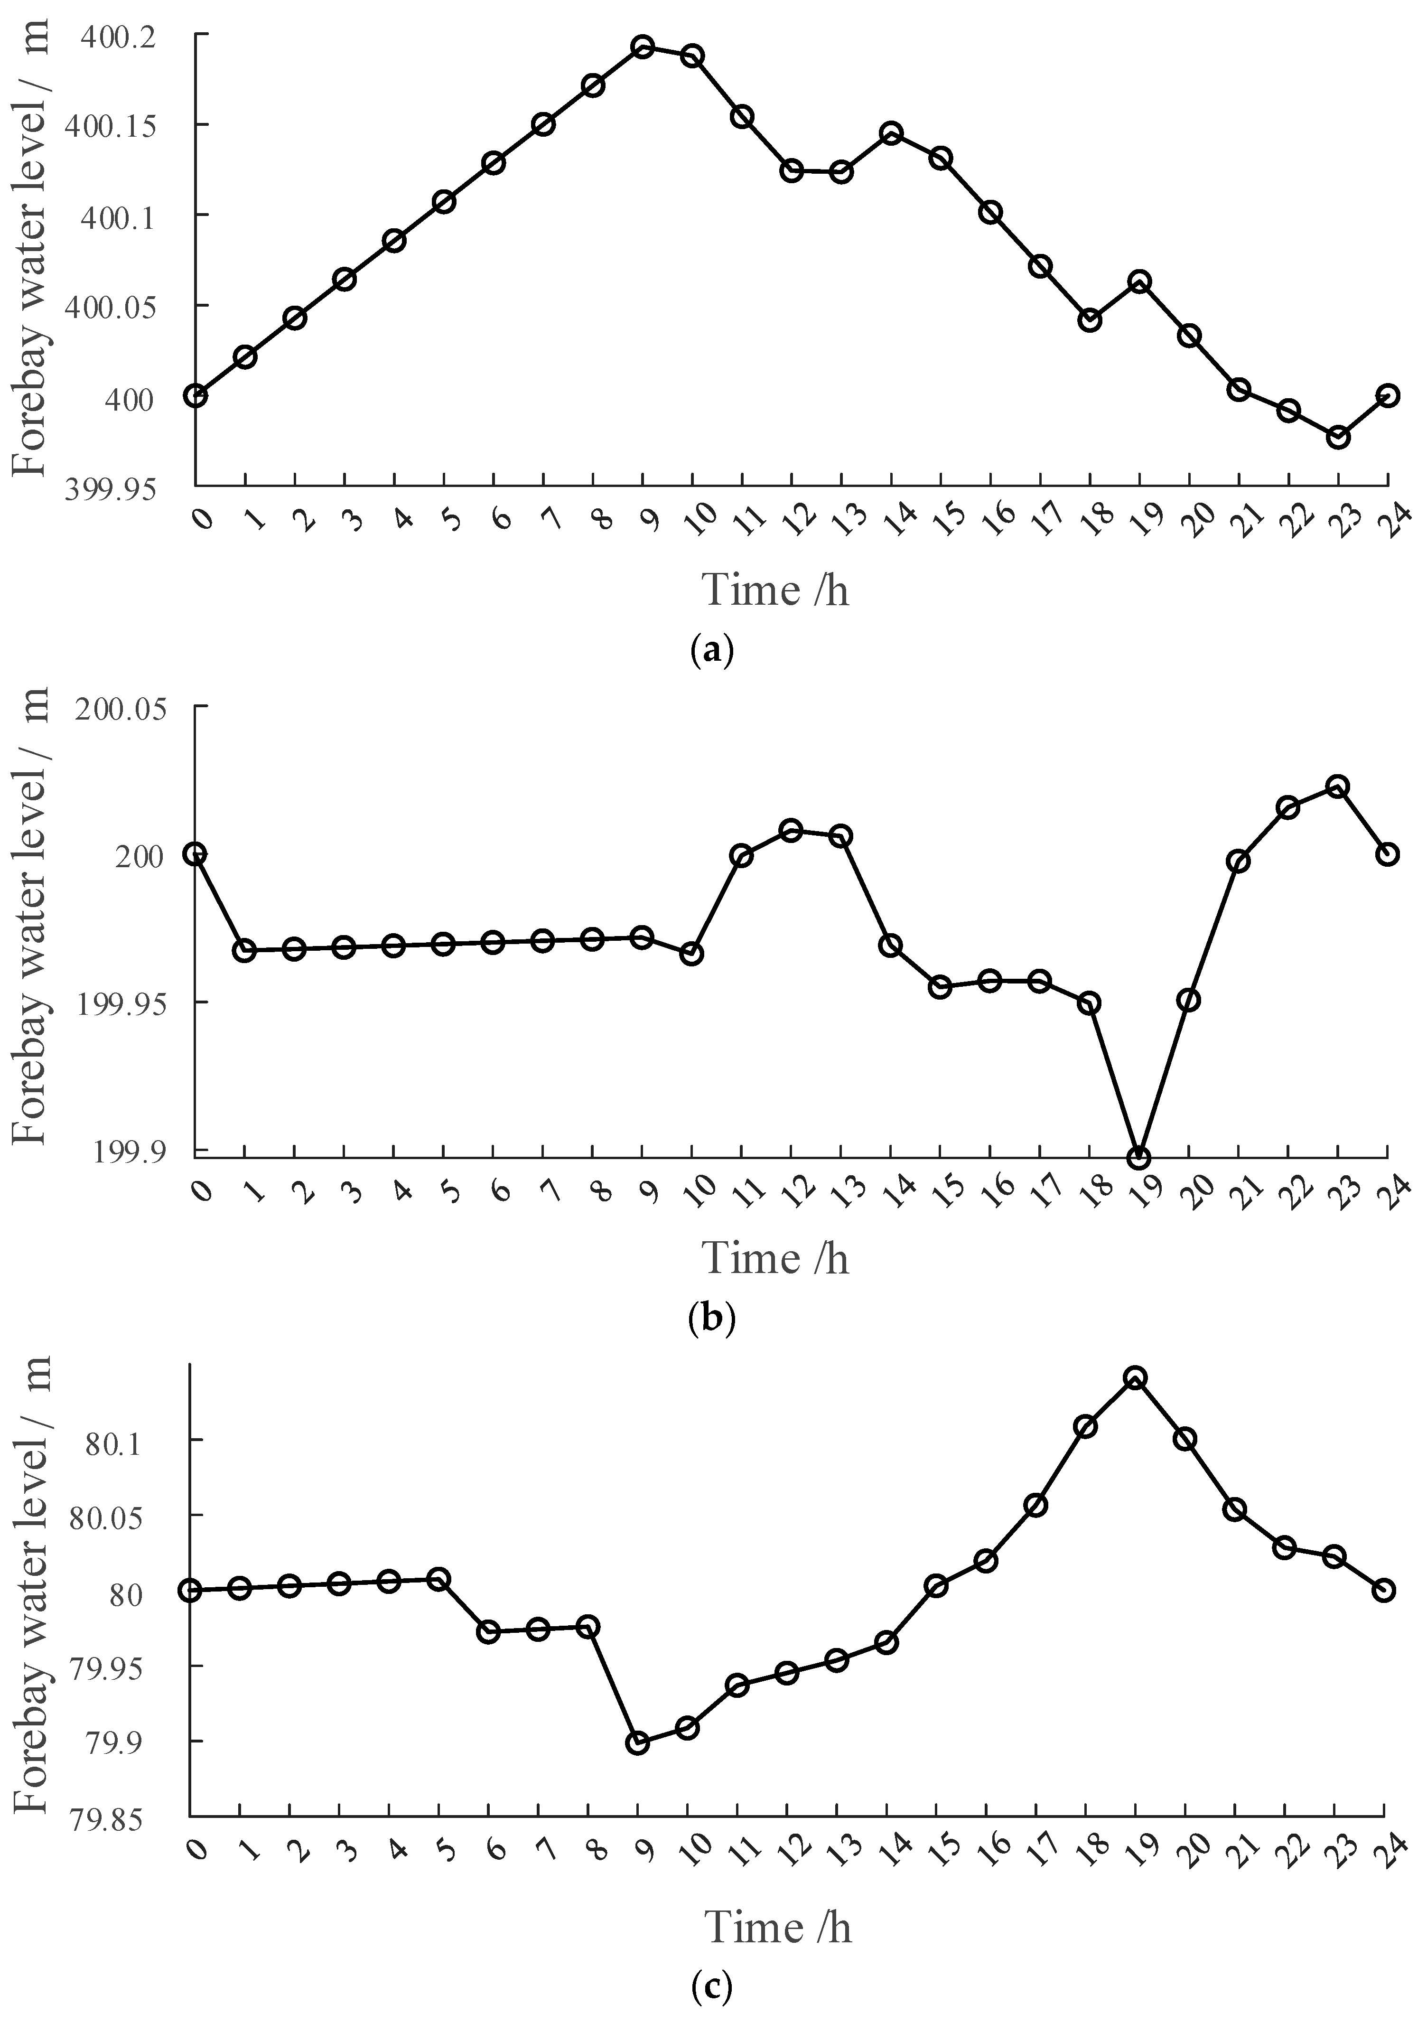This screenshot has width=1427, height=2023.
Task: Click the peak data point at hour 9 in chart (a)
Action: click(x=643, y=47)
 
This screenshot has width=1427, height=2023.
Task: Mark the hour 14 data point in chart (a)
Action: click(x=891, y=133)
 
